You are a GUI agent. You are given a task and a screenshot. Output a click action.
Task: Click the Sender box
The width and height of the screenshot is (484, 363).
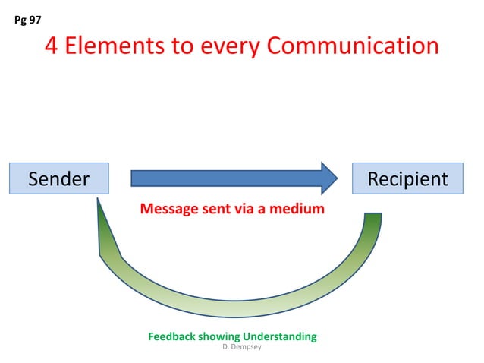pos(58,179)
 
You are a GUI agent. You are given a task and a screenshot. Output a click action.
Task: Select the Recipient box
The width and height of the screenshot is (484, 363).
pos(407,179)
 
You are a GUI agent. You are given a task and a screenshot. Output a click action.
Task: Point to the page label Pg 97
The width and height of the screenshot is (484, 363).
pos(28,20)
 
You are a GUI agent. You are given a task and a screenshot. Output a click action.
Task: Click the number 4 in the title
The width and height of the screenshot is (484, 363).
pos(52,46)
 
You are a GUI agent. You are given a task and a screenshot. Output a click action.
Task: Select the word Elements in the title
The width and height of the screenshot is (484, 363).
pos(113,46)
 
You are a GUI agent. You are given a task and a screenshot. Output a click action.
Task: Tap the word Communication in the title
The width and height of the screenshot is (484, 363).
pos(351,46)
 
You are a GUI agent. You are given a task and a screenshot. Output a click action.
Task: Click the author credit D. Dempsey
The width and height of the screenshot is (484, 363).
pos(240,346)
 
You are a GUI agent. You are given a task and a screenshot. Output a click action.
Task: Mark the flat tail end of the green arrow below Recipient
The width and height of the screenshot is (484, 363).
pos(372,216)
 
